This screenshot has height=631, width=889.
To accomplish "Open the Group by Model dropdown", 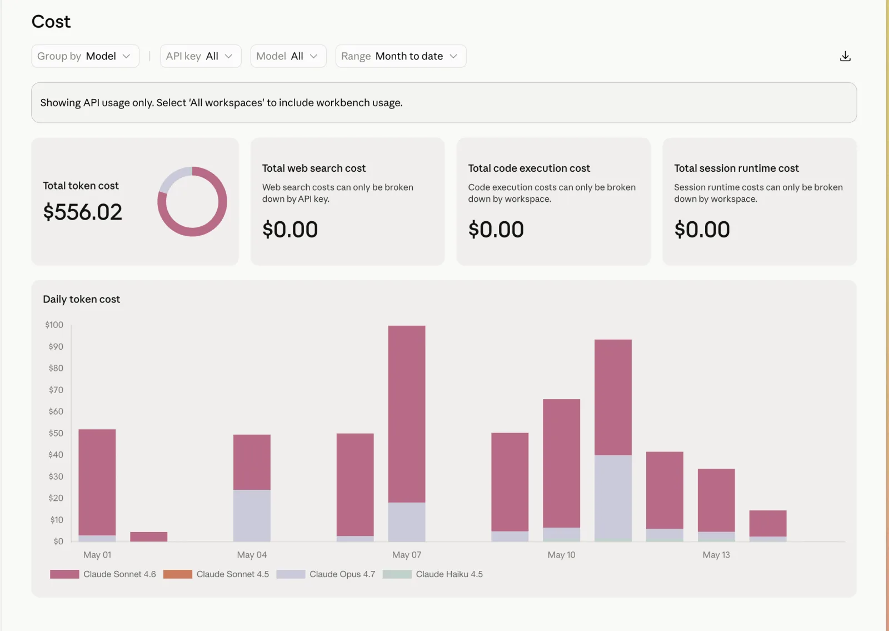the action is click(x=85, y=56).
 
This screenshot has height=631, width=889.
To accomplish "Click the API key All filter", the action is click(x=201, y=56).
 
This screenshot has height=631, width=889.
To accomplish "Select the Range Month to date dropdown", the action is click(x=401, y=56).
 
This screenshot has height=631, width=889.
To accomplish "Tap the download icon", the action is click(x=845, y=56).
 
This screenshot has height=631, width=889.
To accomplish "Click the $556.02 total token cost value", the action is click(x=83, y=212).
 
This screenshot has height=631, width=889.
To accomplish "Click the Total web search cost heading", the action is click(x=313, y=168).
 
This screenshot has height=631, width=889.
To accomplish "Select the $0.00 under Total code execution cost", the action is click(x=496, y=229).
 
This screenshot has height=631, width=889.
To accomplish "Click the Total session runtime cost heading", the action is click(x=736, y=168).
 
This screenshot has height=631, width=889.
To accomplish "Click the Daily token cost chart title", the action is click(x=81, y=299).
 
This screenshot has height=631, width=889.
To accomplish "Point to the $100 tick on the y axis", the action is click(x=54, y=325).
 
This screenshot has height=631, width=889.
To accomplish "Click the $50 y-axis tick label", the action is click(x=56, y=433).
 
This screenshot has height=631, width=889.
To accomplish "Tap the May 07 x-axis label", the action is click(x=406, y=555).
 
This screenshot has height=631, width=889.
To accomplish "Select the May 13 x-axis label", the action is click(x=716, y=555).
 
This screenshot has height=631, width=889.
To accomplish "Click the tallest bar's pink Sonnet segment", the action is click(x=406, y=414).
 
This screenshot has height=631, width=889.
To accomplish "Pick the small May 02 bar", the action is click(x=148, y=536).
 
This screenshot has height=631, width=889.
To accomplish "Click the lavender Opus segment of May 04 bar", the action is click(x=252, y=515).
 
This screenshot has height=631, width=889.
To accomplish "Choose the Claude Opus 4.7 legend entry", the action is click(x=326, y=574).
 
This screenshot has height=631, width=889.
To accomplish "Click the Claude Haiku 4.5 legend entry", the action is click(x=433, y=574).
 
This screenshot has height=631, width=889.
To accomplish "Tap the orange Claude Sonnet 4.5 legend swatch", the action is click(x=177, y=574).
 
